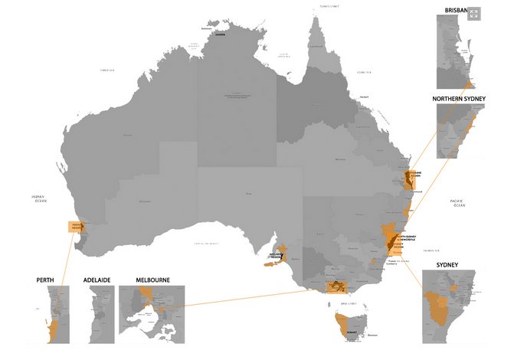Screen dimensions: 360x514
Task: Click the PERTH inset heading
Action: [44, 280]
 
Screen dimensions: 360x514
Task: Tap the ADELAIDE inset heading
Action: [97, 280]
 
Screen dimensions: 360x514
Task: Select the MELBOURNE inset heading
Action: [152, 280]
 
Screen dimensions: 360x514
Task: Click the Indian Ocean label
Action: [35, 198]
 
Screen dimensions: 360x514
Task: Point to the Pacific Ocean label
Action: [458, 203]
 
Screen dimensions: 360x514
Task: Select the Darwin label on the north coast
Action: [221, 34]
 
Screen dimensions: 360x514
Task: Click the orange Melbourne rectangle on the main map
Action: [337, 286]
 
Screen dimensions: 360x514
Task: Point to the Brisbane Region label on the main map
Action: [414, 175]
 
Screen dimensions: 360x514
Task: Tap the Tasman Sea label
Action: [432, 250]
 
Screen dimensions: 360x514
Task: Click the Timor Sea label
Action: [106, 70]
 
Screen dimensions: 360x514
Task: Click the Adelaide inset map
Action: [97, 314]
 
